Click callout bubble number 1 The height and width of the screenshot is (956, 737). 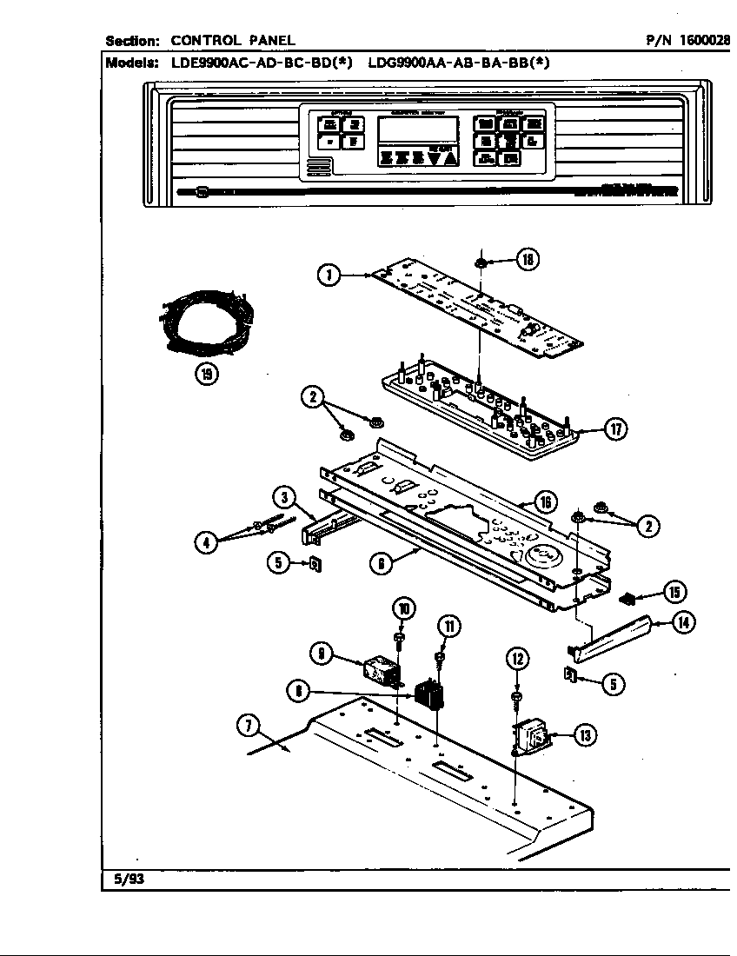tap(329, 276)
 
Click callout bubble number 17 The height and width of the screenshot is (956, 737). tap(616, 429)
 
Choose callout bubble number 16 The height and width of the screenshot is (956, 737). tap(545, 501)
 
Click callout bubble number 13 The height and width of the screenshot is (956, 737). tap(585, 736)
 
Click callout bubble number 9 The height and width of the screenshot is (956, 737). tap(322, 654)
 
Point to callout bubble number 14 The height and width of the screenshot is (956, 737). tap(683, 622)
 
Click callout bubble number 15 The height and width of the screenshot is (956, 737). tap(674, 592)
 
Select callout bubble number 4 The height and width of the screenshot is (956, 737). tap(206, 543)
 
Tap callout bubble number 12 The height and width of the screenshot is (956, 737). tap(516, 660)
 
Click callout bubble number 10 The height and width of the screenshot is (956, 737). tap(403, 608)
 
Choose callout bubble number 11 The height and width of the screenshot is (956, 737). tap(449, 626)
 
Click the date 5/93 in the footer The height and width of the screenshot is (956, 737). tap(129, 879)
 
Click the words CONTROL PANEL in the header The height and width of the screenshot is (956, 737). tap(232, 40)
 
